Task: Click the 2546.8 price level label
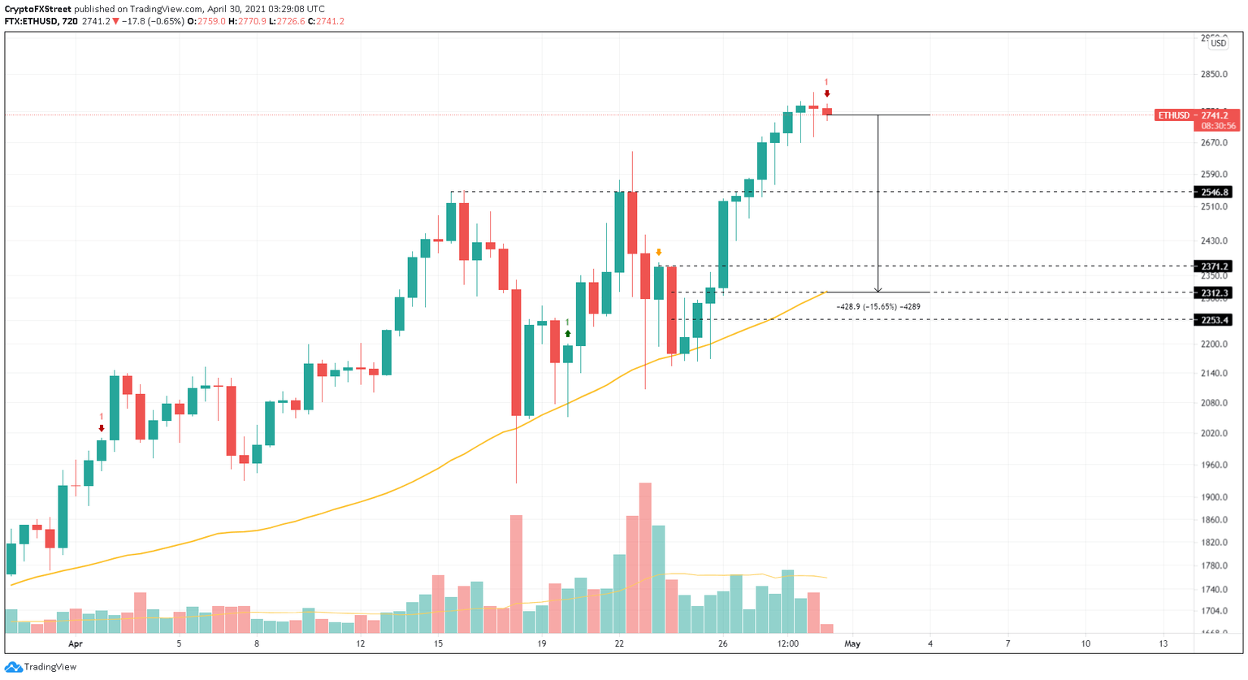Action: point(1215,193)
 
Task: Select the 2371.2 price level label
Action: point(1215,266)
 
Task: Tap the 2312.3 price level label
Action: point(1215,292)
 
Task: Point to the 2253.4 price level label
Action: point(1215,320)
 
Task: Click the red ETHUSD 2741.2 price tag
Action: point(1197,115)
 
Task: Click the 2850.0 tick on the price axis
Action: point(1214,74)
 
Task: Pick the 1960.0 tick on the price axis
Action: point(1214,465)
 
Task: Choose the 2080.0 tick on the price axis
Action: point(1214,403)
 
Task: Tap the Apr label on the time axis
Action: point(76,643)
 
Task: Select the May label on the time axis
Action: point(852,643)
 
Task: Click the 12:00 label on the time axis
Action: point(788,643)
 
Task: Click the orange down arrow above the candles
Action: point(659,253)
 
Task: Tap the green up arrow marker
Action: point(568,334)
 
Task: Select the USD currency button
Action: point(1219,43)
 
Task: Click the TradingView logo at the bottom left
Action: point(41,667)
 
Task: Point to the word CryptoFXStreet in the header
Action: point(37,9)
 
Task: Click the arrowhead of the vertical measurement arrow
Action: point(877,289)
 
